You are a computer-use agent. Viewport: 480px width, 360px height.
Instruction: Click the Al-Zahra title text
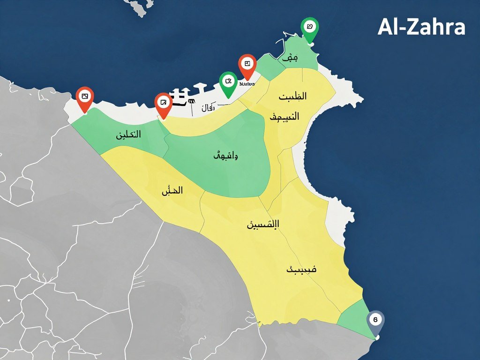421,27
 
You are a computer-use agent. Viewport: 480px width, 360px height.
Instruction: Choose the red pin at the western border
84,97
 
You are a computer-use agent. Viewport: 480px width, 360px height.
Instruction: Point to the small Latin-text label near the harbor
247,84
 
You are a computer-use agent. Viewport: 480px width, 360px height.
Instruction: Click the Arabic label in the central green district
225,156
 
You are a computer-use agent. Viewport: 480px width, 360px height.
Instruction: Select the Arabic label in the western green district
128,135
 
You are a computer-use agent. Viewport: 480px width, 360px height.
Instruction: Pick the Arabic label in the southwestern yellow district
172,191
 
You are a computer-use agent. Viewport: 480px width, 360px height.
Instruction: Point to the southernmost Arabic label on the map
301,270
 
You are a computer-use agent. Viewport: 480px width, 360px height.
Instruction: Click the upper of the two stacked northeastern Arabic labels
292,97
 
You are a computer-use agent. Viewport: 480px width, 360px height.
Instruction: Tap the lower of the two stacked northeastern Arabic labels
285,117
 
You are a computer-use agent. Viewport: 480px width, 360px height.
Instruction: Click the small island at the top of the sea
140,7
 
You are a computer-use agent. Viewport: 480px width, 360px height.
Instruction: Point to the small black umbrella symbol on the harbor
191,101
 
